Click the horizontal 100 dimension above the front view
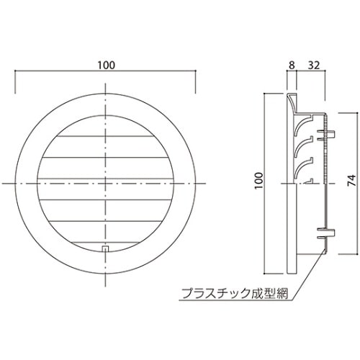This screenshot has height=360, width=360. point(105,66)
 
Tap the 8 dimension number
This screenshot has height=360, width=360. point(291,66)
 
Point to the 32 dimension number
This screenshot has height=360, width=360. point(314,66)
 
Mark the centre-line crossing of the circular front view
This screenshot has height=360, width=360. point(106,185)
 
